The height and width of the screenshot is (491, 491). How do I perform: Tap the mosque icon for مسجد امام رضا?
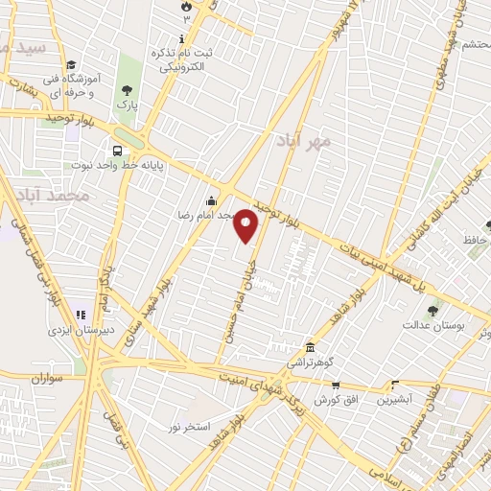tap(211, 201)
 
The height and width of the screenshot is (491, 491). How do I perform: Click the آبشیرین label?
tap(394, 399)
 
